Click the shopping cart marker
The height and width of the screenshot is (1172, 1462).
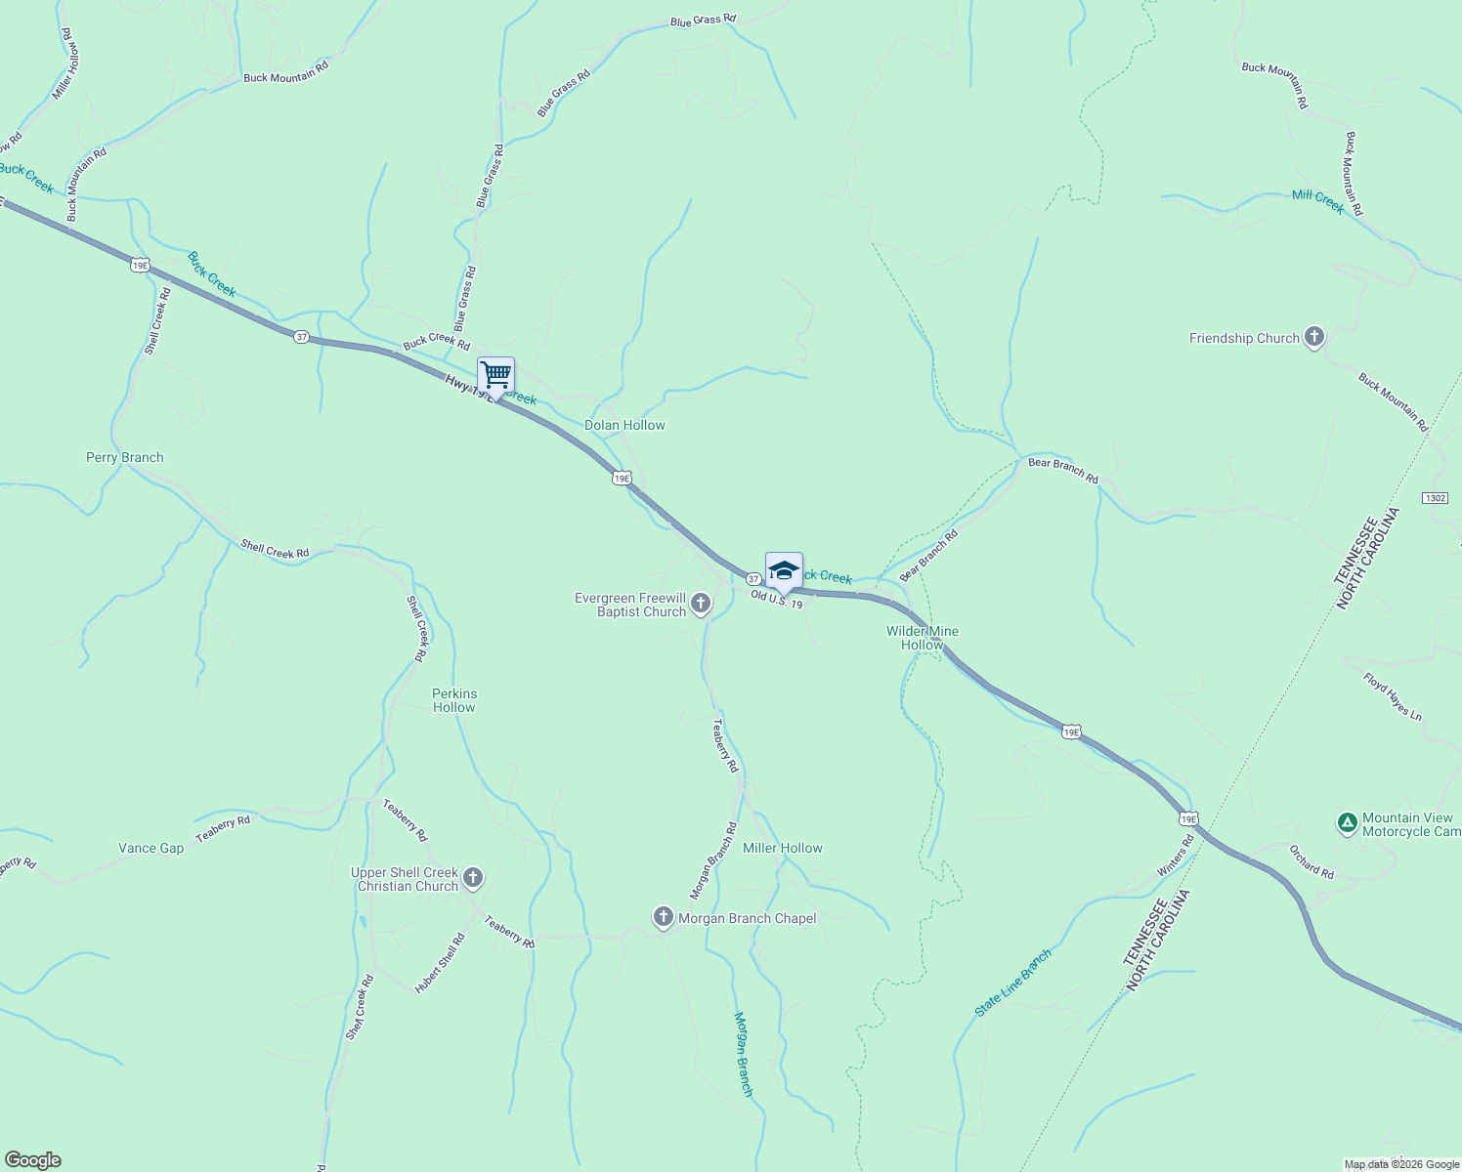click(x=495, y=375)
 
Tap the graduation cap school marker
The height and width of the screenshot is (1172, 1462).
click(x=784, y=570)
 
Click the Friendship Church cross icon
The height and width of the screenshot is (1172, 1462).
click(x=1314, y=338)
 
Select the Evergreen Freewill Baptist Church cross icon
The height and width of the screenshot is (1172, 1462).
click(x=701, y=604)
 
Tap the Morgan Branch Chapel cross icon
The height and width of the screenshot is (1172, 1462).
click(x=664, y=917)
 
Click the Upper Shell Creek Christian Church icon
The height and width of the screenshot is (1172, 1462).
click(x=473, y=878)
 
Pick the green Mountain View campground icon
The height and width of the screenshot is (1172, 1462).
click(x=1348, y=823)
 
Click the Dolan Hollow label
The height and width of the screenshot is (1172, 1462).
click(x=624, y=425)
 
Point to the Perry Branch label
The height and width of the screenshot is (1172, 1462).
click(x=124, y=457)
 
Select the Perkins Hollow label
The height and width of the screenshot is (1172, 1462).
click(x=454, y=700)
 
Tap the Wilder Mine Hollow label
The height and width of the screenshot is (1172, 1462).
click(x=923, y=638)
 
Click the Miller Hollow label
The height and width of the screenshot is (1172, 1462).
click(x=782, y=848)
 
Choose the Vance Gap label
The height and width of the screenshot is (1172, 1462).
click(x=150, y=848)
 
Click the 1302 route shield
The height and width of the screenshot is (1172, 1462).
click(x=1435, y=498)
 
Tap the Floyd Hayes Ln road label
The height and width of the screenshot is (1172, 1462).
click(x=1393, y=696)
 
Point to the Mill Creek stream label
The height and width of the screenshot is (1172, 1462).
click(x=1318, y=200)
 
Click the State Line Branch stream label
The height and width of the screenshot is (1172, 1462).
click(x=1013, y=982)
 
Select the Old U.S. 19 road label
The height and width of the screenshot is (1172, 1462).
click(x=776, y=599)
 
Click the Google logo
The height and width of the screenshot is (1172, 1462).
click(x=32, y=1160)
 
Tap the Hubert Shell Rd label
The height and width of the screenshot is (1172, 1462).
click(x=440, y=963)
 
